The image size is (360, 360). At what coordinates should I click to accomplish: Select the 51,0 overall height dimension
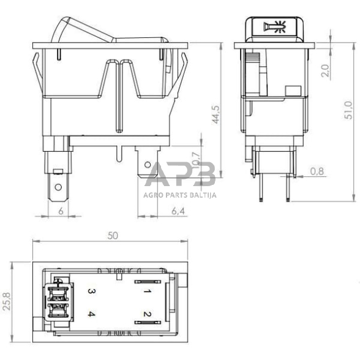348,110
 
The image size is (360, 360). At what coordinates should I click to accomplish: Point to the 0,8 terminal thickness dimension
317,171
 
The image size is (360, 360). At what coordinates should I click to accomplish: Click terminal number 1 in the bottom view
146,292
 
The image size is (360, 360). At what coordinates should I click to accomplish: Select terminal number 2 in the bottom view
146,315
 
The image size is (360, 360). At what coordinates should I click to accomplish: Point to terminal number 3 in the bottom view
90,292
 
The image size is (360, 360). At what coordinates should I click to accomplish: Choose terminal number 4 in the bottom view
90,315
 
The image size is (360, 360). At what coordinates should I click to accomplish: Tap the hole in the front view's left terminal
58,186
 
